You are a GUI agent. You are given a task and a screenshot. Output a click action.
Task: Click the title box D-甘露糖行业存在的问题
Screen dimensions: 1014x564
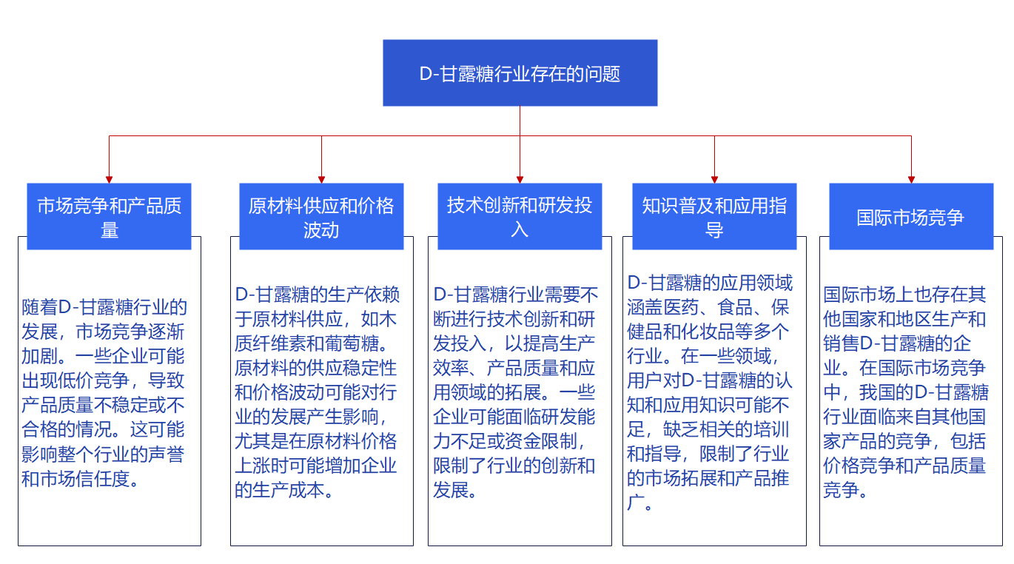(x=520, y=73)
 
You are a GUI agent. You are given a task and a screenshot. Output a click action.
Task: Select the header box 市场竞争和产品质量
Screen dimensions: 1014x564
(x=109, y=216)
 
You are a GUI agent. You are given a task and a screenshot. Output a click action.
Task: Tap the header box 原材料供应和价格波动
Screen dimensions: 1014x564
(x=321, y=216)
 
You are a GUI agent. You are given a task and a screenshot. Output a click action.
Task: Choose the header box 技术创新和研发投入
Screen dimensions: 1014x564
(x=520, y=216)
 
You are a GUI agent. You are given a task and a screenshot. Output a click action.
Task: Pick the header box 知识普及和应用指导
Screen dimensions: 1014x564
(x=714, y=216)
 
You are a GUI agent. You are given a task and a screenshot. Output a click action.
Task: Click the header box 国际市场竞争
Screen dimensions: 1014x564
(x=911, y=216)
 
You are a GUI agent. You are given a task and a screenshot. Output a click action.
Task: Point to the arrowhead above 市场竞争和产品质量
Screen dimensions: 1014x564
(x=109, y=180)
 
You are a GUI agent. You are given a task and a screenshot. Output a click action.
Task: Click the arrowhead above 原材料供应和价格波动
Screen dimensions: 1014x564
(x=321, y=180)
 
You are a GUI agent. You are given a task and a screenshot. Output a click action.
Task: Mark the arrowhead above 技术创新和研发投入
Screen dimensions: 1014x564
(x=520, y=180)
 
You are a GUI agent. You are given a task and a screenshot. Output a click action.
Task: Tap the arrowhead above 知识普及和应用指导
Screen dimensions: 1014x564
(x=714, y=180)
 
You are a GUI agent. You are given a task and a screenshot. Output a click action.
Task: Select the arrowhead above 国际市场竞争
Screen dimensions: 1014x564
(x=911, y=180)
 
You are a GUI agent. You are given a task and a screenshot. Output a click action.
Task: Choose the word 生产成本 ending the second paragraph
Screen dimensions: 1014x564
(x=289, y=490)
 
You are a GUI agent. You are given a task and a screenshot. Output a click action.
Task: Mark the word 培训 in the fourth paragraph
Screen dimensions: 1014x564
(x=771, y=429)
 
